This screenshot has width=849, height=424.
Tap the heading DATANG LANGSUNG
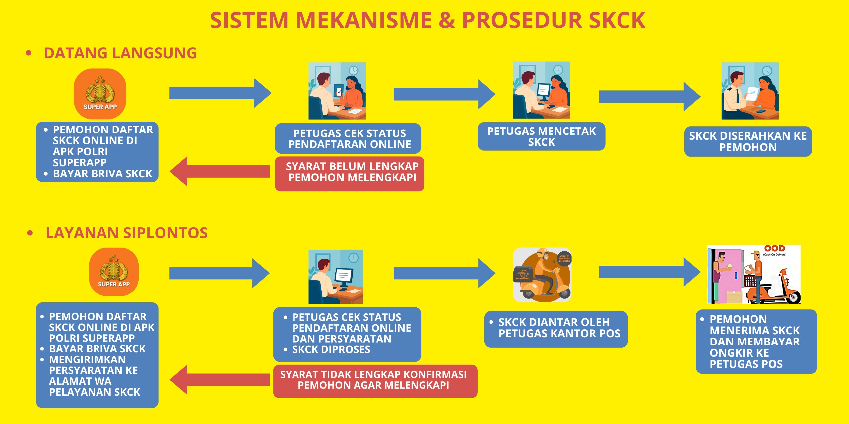(x=120, y=53)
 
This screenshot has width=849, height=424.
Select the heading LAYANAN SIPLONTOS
(x=126, y=233)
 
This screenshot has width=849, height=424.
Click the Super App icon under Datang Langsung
(x=100, y=94)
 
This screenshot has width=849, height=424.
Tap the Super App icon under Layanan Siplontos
(x=114, y=272)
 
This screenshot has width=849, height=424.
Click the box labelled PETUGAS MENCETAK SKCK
(x=541, y=136)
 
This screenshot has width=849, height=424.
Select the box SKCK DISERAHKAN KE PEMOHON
(x=748, y=141)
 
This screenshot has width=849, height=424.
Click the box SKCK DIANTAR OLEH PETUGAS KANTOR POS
(x=556, y=329)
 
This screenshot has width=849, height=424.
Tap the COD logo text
(x=774, y=248)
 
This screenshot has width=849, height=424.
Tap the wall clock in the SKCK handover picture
(x=767, y=70)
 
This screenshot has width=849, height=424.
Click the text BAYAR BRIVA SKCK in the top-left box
(x=102, y=174)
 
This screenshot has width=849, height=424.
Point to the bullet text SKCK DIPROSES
(x=331, y=349)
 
